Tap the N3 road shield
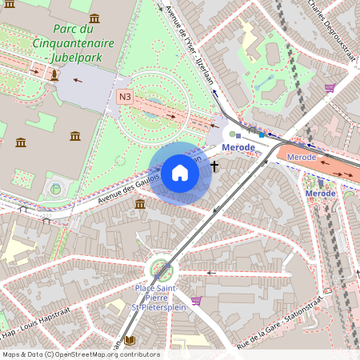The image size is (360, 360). coord(125,97)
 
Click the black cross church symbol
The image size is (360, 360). coord(214,166)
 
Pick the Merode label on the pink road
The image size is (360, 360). coord(301,157)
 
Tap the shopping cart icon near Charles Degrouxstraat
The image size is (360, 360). coord(330,88)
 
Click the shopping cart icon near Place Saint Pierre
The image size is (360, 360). coord(196,300)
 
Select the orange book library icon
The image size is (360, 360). coord(131,341)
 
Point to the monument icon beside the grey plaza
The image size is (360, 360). coord(54,75)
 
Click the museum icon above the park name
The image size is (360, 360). coord(94,18)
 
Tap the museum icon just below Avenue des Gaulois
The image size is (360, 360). coord(140,205)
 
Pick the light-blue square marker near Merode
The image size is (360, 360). coord(261,134)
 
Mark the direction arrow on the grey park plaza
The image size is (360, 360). coord(78,79)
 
